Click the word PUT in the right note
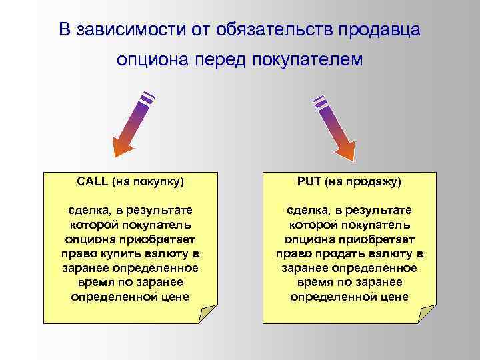tap(308, 181)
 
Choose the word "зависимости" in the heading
tap(125, 29)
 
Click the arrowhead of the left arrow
tap(123, 145)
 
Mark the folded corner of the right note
tap(427, 314)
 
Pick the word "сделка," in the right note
tap(308, 210)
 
